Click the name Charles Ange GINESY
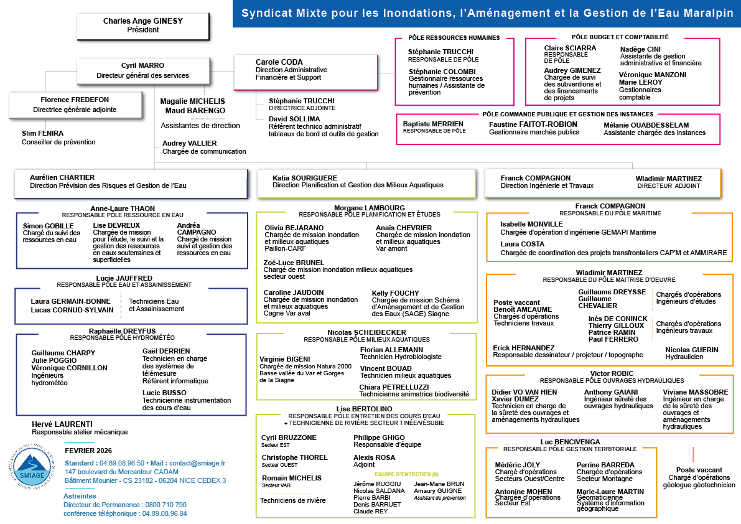142,21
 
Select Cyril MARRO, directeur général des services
142,65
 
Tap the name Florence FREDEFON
75,100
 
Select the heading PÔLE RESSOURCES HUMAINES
454,38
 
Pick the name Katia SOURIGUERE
305,178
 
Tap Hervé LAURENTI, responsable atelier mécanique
62,424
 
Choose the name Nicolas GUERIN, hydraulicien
692,350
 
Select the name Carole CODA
279,62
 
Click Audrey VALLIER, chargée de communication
190,143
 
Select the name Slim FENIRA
43,133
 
